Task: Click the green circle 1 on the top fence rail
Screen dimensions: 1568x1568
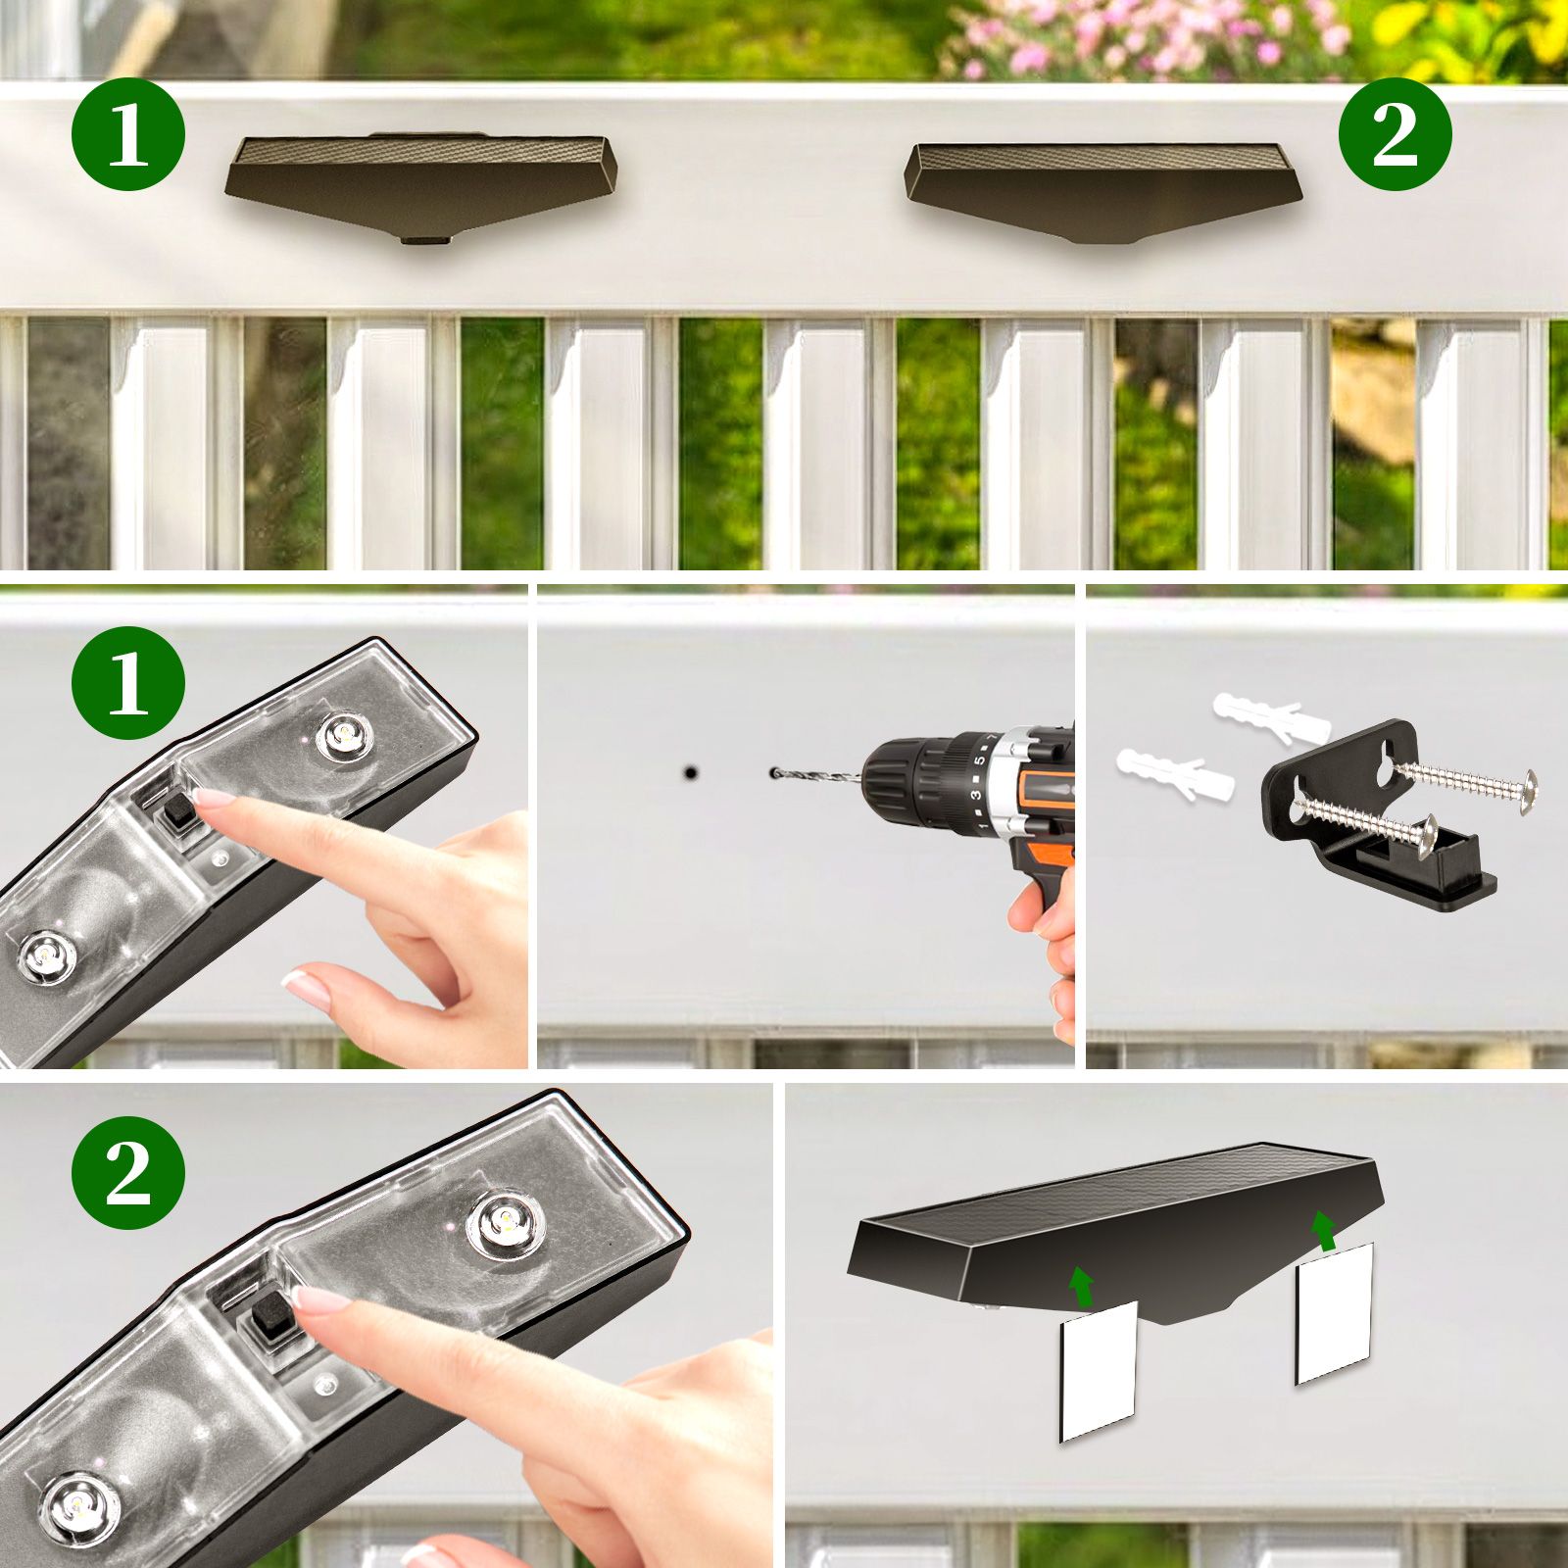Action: pyautogui.click(x=128, y=135)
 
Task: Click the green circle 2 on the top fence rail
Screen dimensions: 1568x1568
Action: pyautogui.click(x=1395, y=135)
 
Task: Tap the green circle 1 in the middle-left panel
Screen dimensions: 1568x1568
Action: pyautogui.click(x=128, y=683)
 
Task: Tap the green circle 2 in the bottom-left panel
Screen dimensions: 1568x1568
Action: pyautogui.click(x=128, y=1173)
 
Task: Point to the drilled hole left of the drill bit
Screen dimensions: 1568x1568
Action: pyautogui.click(x=690, y=773)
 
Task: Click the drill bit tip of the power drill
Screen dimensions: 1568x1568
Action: pyautogui.click(x=776, y=774)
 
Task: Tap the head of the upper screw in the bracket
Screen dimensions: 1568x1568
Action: pyautogui.click(x=1525, y=785)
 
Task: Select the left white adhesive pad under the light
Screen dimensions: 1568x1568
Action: pyautogui.click(x=1099, y=1370)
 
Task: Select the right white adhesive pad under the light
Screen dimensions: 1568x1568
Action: pyautogui.click(x=1334, y=1311)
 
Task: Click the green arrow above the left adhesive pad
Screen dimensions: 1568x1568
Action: pyautogui.click(x=1081, y=1285)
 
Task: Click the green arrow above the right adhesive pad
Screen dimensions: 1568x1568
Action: pyautogui.click(x=1324, y=1229)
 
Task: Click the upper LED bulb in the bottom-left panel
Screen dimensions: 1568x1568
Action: pyautogui.click(x=504, y=1221)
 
